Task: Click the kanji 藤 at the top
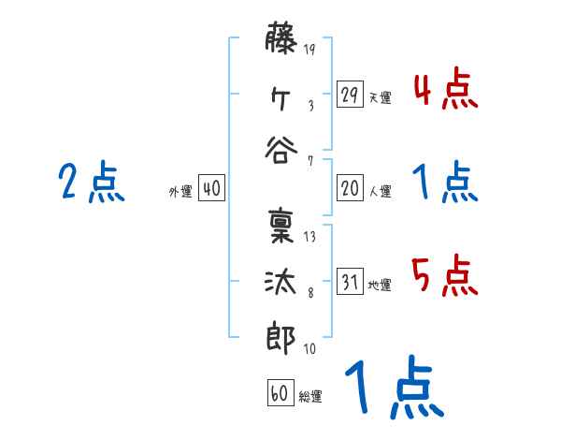coord(281,43)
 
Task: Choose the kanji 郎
coord(281,334)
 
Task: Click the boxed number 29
coord(350,95)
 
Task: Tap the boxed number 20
coord(350,188)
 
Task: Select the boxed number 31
coord(350,282)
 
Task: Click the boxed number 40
coord(211,188)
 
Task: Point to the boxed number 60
coord(280,393)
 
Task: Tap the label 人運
coord(380,191)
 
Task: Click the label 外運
coord(180,191)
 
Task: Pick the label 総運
coord(310,396)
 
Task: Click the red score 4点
coord(445,92)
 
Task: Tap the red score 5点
coord(445,278)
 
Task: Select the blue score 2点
coord(92,183)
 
